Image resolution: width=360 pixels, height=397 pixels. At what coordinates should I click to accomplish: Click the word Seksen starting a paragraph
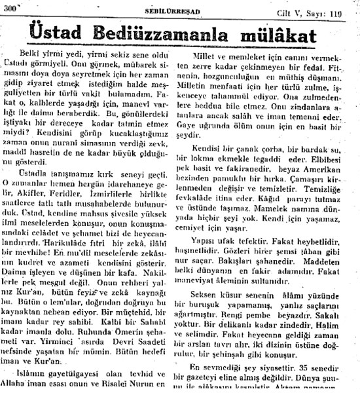coord(204,276)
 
